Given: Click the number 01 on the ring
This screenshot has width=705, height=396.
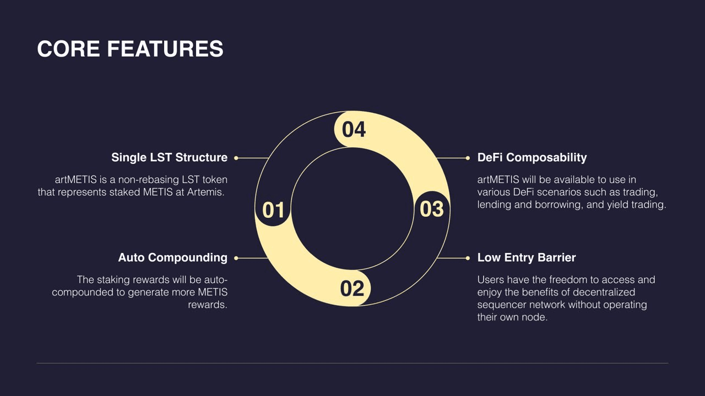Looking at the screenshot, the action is click(x=273, y=210).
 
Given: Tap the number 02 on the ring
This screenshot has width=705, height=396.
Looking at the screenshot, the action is click(x=352, y=289).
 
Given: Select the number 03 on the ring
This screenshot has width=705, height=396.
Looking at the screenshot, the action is click(x=431, y=209).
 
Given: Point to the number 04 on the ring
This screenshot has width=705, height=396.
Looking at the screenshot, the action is click(x=354, y=129).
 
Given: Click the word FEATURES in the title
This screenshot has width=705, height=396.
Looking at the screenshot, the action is click(x=165, y=49).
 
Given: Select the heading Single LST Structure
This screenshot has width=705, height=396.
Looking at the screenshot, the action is click(x=169, y=157).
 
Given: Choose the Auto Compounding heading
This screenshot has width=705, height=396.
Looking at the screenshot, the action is click(x=173, y=257).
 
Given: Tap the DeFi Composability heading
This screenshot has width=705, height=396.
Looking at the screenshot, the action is click(x=532, y=157).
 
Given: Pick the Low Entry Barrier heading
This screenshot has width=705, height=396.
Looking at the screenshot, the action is click(x=527, y=257).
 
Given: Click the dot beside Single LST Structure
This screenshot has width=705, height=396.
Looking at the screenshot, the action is click(x=236, y=158).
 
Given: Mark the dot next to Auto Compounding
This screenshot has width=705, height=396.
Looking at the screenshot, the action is click(x=236, y=258).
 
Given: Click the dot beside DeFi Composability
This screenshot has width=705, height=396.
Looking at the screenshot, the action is click(x=468, y=158).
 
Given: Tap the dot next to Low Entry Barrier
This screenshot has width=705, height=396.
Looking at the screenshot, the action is click(x=468, y=258).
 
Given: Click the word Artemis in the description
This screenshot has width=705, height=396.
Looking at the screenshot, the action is click(x=205, y=192).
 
